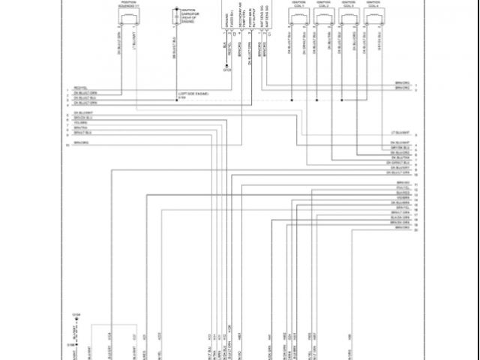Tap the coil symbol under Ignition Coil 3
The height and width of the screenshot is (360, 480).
(348, 17)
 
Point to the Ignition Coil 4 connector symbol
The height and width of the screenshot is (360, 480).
(373, 17)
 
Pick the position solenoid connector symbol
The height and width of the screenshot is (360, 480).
(128, 17)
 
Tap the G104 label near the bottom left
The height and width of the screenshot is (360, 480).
(76, 314)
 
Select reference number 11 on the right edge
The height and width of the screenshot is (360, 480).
(415, 184)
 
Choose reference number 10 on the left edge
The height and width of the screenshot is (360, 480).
(67, 142)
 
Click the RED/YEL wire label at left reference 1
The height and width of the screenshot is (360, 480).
(79, 87)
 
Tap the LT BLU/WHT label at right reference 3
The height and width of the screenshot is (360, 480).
(401, 133)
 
